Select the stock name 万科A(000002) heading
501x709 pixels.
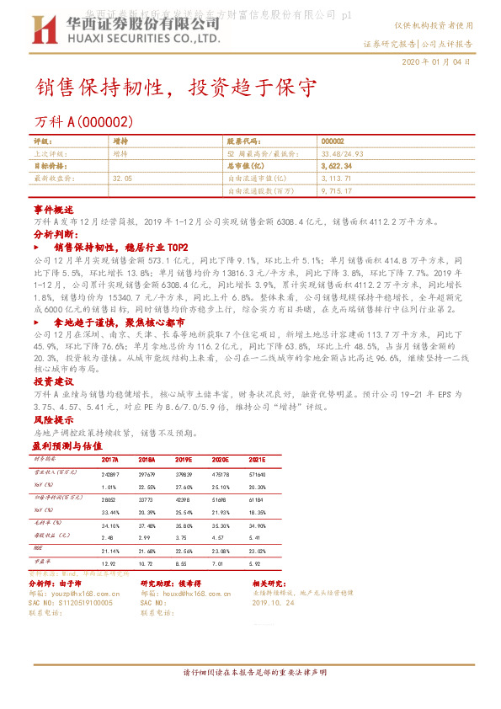pos(83,122)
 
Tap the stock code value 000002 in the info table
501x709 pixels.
pos(333,142)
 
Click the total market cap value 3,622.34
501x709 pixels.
pos(336,167)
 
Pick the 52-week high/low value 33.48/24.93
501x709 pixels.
pos(343,155)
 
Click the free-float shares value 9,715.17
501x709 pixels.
pos(336,191)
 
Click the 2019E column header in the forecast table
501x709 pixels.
pos(184,460)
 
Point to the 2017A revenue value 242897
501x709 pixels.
pos(110,475)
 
